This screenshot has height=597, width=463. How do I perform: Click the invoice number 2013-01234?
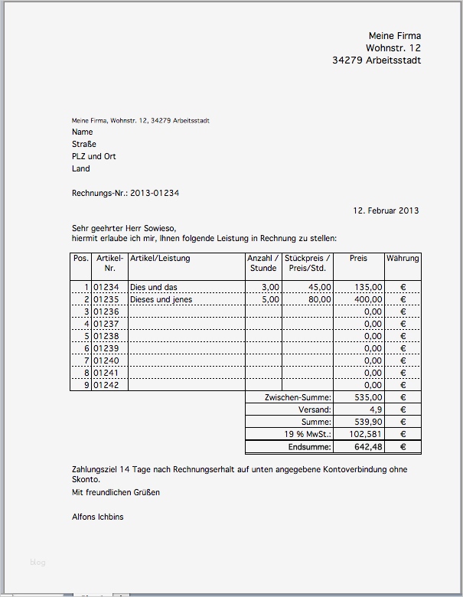point(155,194)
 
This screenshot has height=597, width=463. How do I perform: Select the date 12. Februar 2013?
point(386,210)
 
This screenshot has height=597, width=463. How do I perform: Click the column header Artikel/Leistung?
point(160,259)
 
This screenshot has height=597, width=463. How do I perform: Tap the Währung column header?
point(403,259)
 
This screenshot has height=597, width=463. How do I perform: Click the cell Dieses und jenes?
point(161,299)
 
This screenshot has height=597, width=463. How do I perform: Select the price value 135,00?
point(368,287)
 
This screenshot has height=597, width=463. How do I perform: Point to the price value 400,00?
point(368,299)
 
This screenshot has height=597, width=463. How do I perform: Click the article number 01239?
point(106,348)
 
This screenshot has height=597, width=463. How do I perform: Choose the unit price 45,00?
point(320,287)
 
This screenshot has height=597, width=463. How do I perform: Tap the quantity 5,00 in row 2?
point(271,299)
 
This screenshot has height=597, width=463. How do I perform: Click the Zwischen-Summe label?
point(298,398)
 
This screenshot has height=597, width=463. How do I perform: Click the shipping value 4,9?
point(375,410)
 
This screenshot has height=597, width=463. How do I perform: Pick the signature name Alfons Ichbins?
point(97,517)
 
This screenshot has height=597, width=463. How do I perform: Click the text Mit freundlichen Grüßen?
point(116,492)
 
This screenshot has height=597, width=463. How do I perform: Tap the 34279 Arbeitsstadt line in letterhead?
point(377,60)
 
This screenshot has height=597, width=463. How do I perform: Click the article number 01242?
point(106,385)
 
